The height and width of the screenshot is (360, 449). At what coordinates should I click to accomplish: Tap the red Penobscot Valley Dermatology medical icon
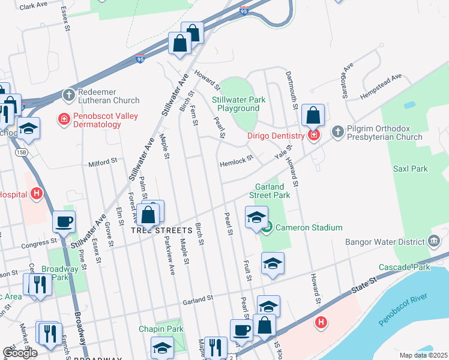click(63, 119)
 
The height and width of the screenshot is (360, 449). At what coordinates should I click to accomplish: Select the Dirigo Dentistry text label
click(276, 136)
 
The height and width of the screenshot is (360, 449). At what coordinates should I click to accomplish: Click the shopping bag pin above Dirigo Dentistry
click(313, 115)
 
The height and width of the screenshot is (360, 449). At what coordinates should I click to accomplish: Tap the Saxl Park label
click(410, 169)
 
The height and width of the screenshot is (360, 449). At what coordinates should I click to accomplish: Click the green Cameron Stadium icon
click(268, 227)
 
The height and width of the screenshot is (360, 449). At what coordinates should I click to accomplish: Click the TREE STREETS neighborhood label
click(156, 230)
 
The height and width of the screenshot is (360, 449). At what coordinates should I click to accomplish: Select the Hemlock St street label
click(235, 163)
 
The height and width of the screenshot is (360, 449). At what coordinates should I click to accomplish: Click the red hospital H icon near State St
click(322, 323)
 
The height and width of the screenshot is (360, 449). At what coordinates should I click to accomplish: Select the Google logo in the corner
click(20, 352)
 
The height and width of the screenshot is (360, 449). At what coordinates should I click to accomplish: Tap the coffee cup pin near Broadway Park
click(64, 222)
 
